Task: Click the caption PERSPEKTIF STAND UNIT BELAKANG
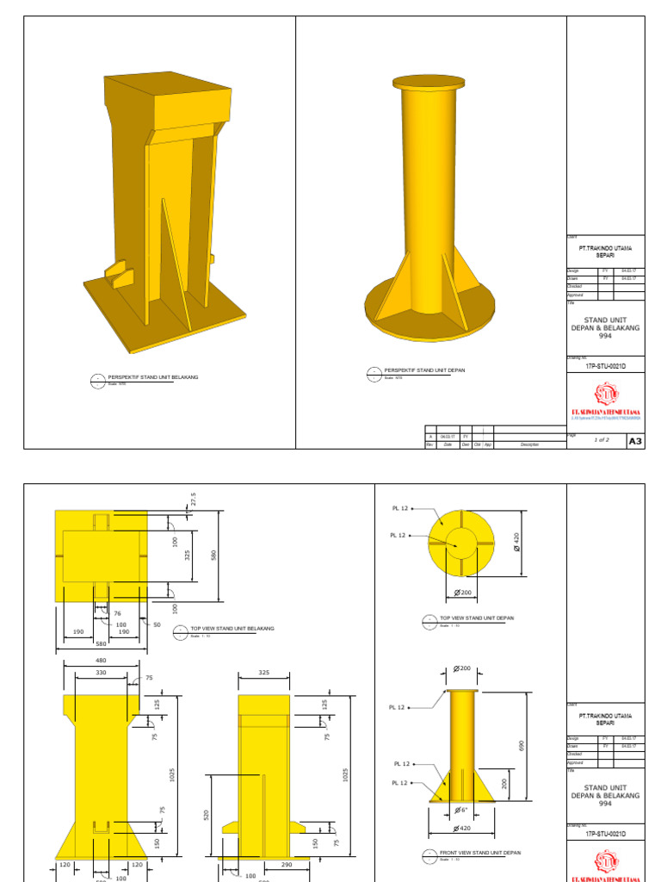[153, 377]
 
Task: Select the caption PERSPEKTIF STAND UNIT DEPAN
[424, 370]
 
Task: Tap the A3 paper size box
[635, 441]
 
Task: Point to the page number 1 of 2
[601, 440]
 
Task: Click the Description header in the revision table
[528, 444]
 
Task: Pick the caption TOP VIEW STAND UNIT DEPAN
[477, 618]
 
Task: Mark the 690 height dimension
[521, 746]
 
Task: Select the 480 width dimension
[102, 661]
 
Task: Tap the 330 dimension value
[102, 673]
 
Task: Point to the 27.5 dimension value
[193, 500]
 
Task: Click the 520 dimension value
[207, 814]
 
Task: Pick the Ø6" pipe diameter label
[461, 809]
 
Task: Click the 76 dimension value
[117, 614]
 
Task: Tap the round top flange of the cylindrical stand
[428, 83]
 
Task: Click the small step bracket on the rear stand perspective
[119, 276]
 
